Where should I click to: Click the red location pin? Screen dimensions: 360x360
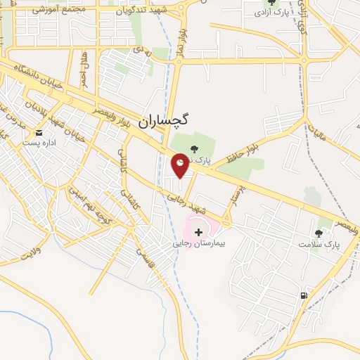pos(180,165)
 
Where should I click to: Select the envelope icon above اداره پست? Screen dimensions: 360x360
pos(39,132)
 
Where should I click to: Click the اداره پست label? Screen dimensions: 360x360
pos(36,143)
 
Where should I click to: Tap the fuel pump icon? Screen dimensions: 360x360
pos(304,295)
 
